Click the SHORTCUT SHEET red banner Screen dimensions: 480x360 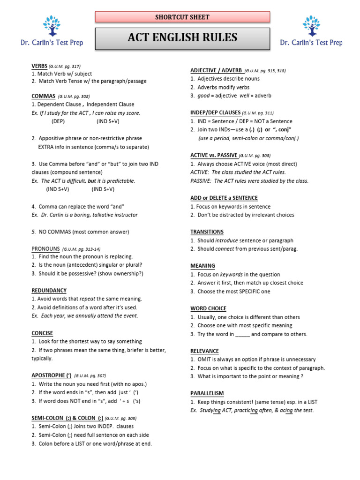pyautogui.click(x=182, y=17)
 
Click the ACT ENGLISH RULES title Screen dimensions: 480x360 pyautogui.click(x=182, y=38)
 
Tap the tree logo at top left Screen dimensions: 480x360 pyautogui.click(x=52, y=26)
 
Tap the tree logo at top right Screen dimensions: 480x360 pyautogui.click(x=311, y=26)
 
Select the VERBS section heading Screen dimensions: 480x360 pyautogui.click(x=40, y=66)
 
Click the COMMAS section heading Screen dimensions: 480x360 pyautogui.click(x=43, y=96)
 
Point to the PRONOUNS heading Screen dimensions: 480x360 pyautogui.click(x=45, y=248)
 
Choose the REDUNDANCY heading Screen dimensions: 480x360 pyautogui.click(x=49, y=291)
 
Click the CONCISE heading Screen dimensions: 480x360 pyautogui.click(x=42, y=333)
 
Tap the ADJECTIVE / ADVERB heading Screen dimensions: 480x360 pyautogui.click(x=216, y=70)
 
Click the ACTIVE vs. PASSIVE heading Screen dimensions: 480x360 pyautogui.click(x=214, y=155)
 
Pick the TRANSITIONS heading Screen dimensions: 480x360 pyautogui.click(x=207, y=232)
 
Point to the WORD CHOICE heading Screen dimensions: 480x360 pyautogui.click(x=208, y=308)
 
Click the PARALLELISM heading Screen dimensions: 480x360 pyautogui.click(x=207, y=393)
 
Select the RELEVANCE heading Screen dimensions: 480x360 pyautogui.click(x=204, y=351)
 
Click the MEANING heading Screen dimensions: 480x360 pyautogui.click(x=202, y=266)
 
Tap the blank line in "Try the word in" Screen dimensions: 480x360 pyautogui.click(x=242, y=334)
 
